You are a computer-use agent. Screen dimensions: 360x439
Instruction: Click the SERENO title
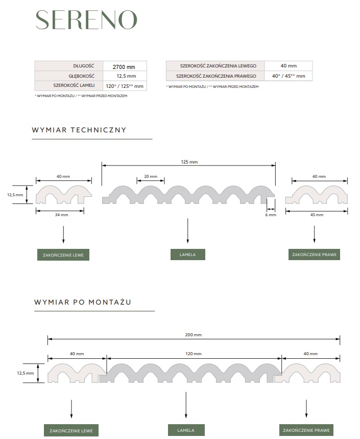86,20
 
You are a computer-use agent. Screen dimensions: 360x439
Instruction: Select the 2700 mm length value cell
125,66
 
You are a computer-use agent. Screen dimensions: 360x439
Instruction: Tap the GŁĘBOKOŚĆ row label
81,76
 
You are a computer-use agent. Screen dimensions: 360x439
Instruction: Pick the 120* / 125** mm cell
125,86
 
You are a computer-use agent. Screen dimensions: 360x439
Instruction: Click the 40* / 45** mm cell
289,76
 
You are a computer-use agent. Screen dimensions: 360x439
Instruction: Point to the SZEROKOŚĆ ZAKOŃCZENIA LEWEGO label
218,66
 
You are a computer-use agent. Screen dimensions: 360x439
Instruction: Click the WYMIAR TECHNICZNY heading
79,130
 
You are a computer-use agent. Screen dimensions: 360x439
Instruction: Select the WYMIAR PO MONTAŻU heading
83,302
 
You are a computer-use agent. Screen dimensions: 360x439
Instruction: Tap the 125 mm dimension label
189,162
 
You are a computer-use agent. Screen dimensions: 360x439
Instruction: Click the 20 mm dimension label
151,176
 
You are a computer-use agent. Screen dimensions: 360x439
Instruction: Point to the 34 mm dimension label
62,215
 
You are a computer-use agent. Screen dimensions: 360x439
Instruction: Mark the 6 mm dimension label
271,215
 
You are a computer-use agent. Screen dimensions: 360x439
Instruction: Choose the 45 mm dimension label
317,215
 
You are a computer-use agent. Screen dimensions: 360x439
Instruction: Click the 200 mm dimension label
194,335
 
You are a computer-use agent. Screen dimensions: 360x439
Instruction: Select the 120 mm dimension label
194,354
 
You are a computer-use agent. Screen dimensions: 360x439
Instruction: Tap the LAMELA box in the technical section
188,255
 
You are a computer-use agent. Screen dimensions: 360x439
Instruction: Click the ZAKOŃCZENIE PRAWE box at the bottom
306,430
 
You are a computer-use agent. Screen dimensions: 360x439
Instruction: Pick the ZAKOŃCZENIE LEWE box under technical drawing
63,255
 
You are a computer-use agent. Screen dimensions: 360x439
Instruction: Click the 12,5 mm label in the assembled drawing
25,373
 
